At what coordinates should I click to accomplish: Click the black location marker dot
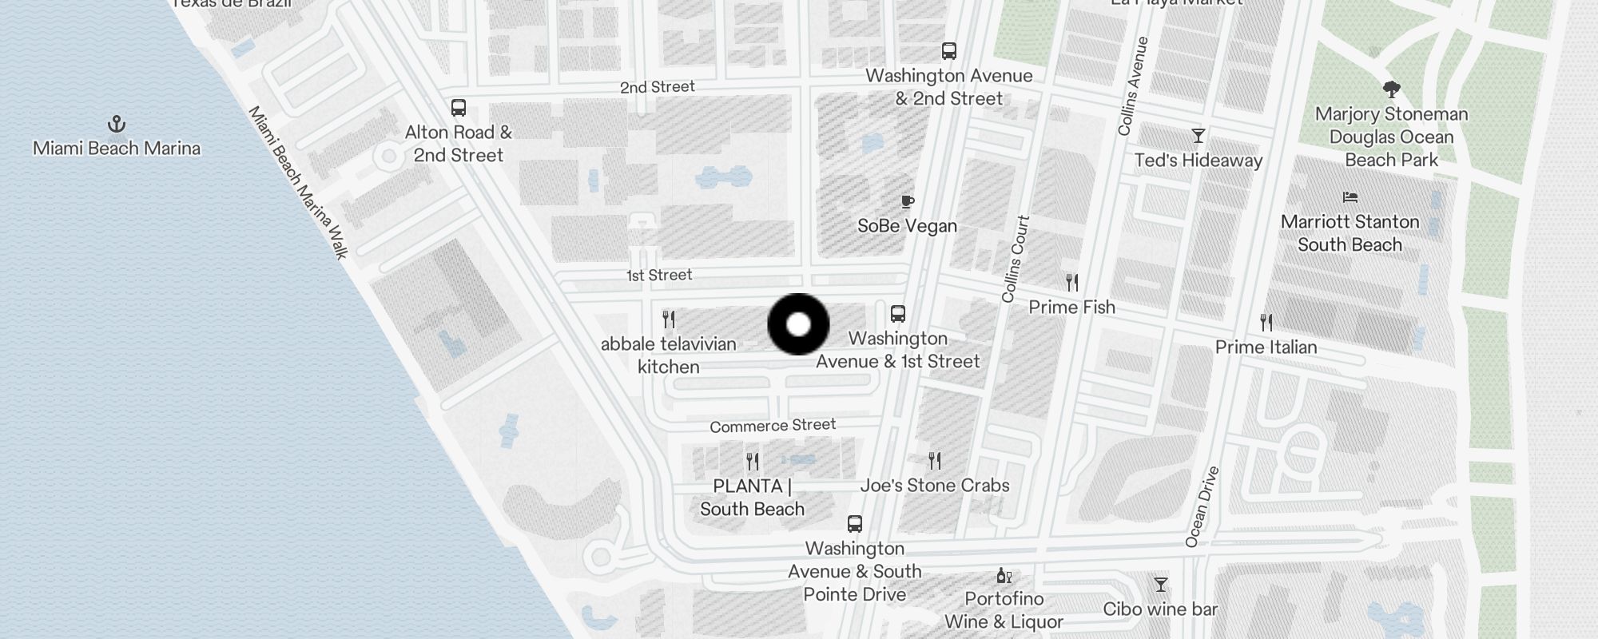[798, 324]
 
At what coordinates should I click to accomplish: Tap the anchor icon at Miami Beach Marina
[117, 124]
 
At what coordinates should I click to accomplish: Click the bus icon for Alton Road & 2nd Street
[459, 108]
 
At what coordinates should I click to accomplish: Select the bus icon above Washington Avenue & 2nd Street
[949, 51]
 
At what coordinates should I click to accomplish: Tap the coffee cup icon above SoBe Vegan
[907, 201]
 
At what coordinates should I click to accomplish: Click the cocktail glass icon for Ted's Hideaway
[1198, 136]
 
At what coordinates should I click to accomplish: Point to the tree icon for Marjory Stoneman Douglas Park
[1391, 89]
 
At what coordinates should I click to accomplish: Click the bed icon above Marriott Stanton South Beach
[1350, 197]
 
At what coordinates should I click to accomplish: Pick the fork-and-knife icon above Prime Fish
[1072, 282]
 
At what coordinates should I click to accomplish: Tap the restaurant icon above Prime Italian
[1266, 323]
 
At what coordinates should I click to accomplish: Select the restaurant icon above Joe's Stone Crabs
[935, 461]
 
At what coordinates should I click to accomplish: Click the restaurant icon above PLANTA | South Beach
[753, 462]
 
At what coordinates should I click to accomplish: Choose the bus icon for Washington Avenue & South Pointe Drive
[855, 524]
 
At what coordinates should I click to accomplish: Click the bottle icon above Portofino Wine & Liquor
[1004, 575]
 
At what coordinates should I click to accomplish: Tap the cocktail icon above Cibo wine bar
[1161, 585]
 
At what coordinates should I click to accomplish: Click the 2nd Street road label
[658, 87]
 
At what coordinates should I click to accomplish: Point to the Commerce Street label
[773, 426]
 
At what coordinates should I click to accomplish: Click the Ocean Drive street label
[1202, 507]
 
